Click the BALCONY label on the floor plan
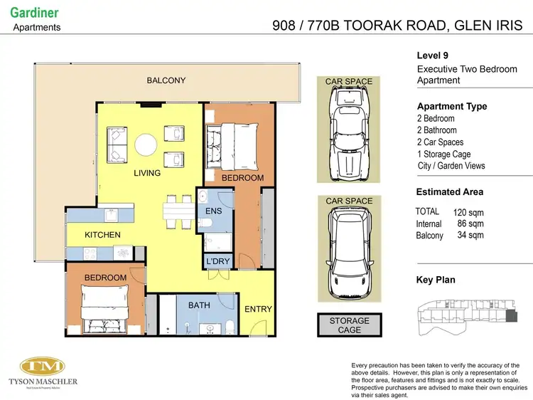click(166, 80)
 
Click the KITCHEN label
click(102, 235)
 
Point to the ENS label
click(214, 212)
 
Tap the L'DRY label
click(217, 261)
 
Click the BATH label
click(198, 305)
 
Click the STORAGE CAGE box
click(349, 325)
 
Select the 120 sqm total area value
click(468, 212)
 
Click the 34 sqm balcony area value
click(470, 235)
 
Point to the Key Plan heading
click(436, 280)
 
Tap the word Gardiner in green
click(35, 13)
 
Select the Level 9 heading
click(432, 56)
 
